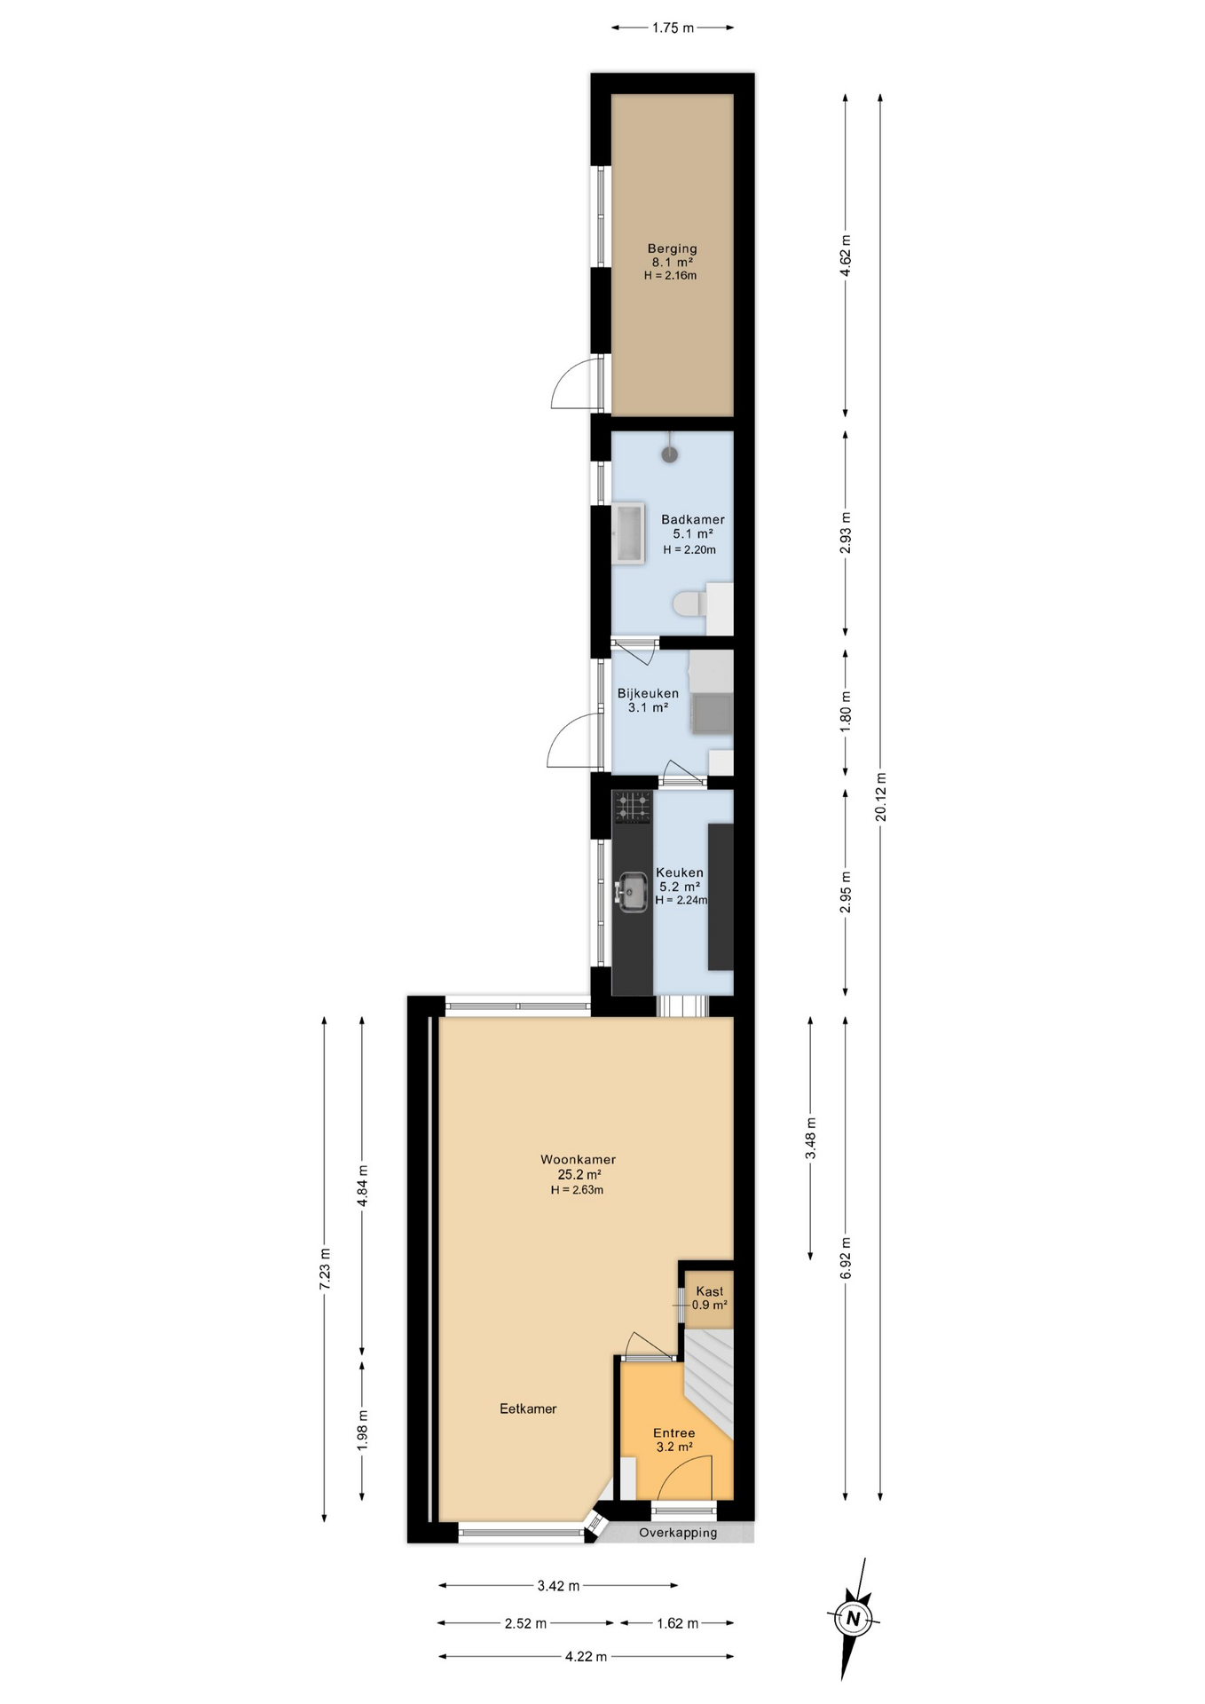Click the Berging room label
[x=672, y=249]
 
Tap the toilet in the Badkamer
[x=689, y=604]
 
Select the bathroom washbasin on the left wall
[x=628, y=533]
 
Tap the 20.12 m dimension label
[x=881, y=797]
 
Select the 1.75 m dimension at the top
[x=673, y=28]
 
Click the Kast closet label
[x=709, y=1291]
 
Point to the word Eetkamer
[x=528, y=1408]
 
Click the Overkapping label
[x=678, y=1533]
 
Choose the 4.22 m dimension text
[x=586, y=1656]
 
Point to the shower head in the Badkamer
[x=670, y=454]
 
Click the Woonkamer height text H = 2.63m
[x=577, y=1190]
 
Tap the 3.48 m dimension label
[x=810, y=1138]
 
